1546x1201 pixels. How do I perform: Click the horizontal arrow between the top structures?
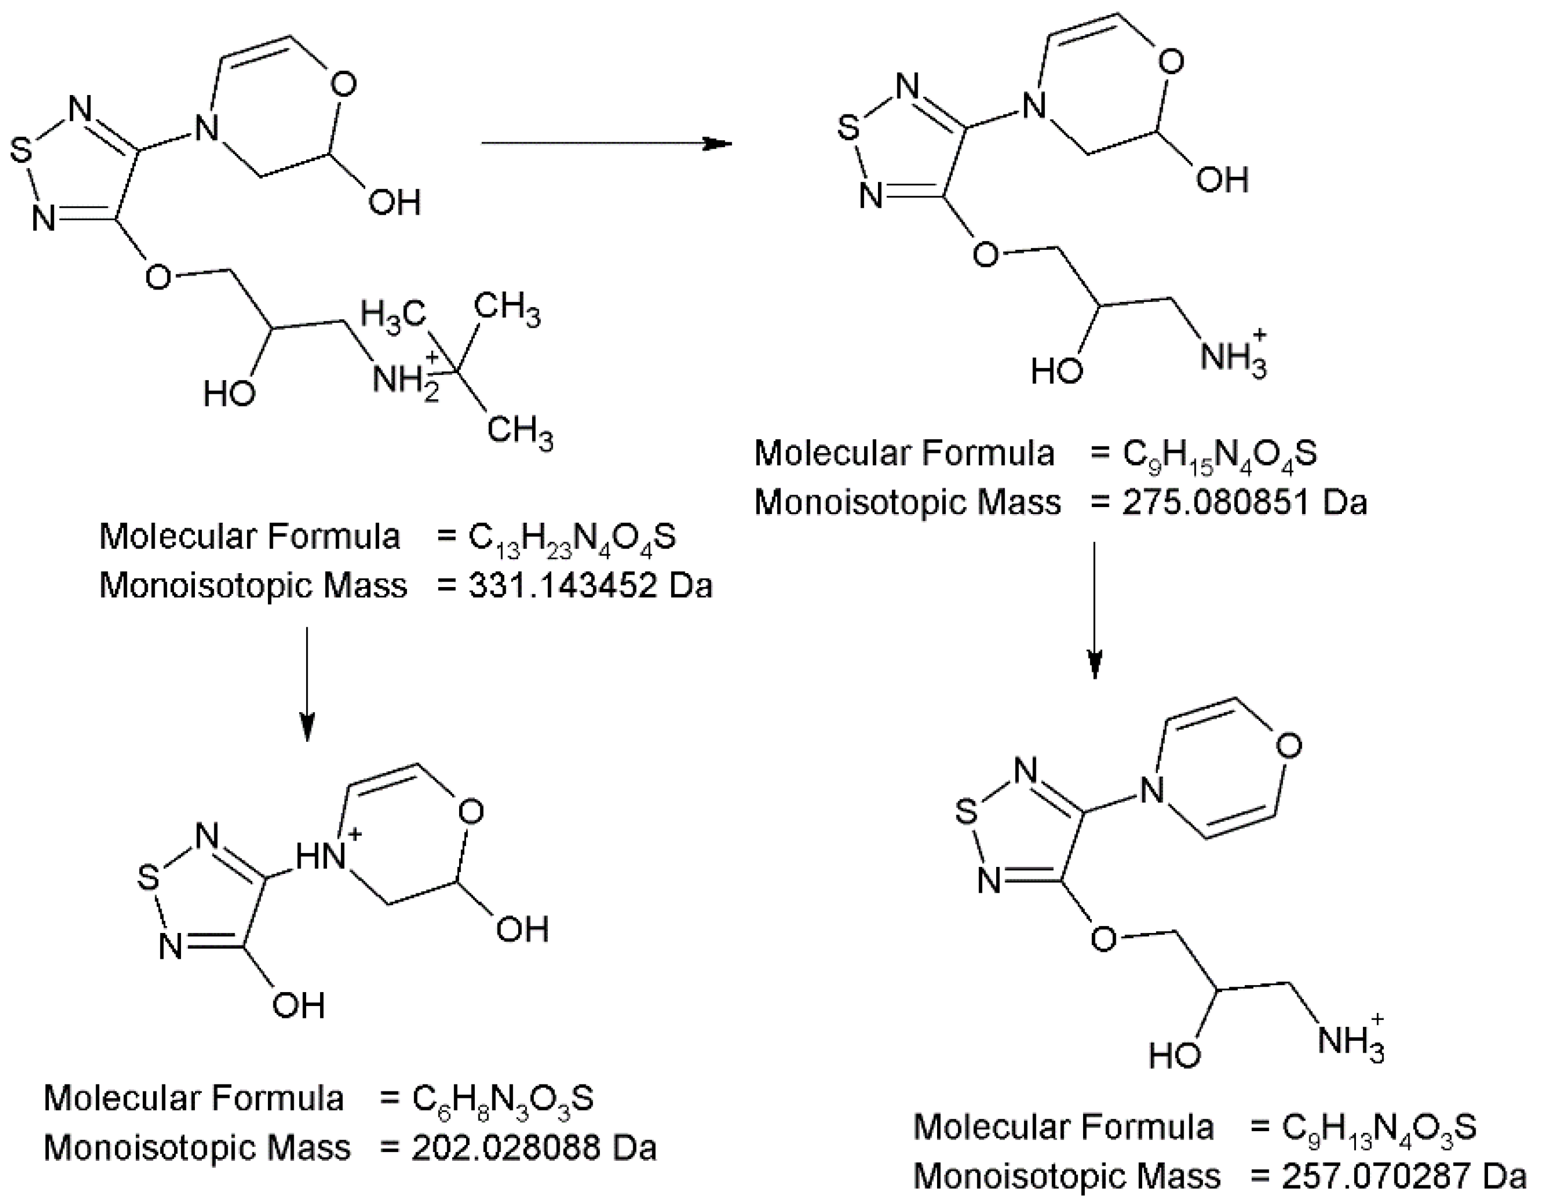coord(605,144)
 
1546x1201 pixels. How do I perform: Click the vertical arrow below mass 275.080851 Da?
coord(1094,609)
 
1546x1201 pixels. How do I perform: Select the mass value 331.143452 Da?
coord(589,585)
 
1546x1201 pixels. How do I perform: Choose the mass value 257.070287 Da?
coord(1403,1176)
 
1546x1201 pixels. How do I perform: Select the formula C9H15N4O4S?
coord(1219,454)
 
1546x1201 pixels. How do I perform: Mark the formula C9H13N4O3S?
coord(1378,1127)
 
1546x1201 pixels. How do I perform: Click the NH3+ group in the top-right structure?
coord(1233,356)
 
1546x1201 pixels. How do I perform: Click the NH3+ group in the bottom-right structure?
coord(1350,1041)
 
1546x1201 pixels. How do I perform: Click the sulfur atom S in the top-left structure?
coord(22,151)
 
